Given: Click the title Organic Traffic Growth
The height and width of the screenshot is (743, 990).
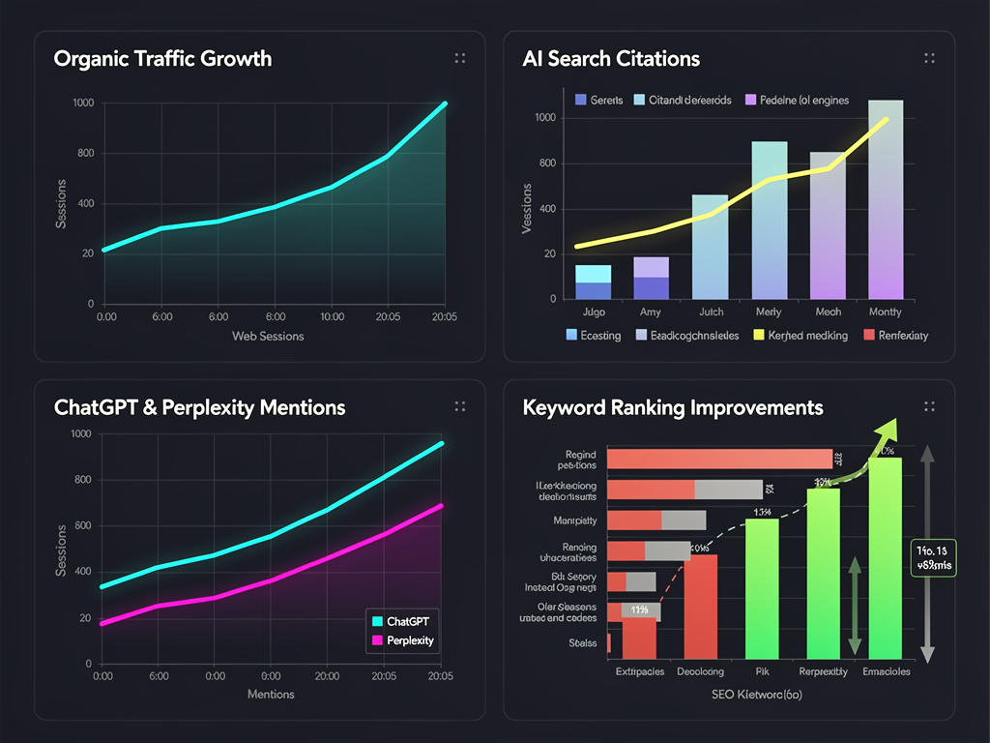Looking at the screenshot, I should point(162,59).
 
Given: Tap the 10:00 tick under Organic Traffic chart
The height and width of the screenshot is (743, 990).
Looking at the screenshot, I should point(332,316).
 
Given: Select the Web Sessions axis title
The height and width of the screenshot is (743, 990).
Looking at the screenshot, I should point(268,336).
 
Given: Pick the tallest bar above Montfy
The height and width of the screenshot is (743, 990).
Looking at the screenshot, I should point(886,199).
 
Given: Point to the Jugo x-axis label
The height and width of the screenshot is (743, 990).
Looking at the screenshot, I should point(593,312).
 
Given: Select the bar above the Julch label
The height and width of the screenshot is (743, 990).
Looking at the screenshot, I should point(710,247).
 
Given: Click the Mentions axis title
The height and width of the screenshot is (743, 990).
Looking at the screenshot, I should point(271,694).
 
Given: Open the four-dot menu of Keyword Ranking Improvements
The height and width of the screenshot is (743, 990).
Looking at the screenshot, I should point(929,406).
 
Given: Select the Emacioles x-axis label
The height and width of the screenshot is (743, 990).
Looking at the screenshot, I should point(887,671).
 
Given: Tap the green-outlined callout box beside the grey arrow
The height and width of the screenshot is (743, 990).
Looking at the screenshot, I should point(934,557).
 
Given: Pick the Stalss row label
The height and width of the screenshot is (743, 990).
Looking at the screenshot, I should point(583,642).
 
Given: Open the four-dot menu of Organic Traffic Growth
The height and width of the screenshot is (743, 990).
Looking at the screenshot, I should point(460,59).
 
